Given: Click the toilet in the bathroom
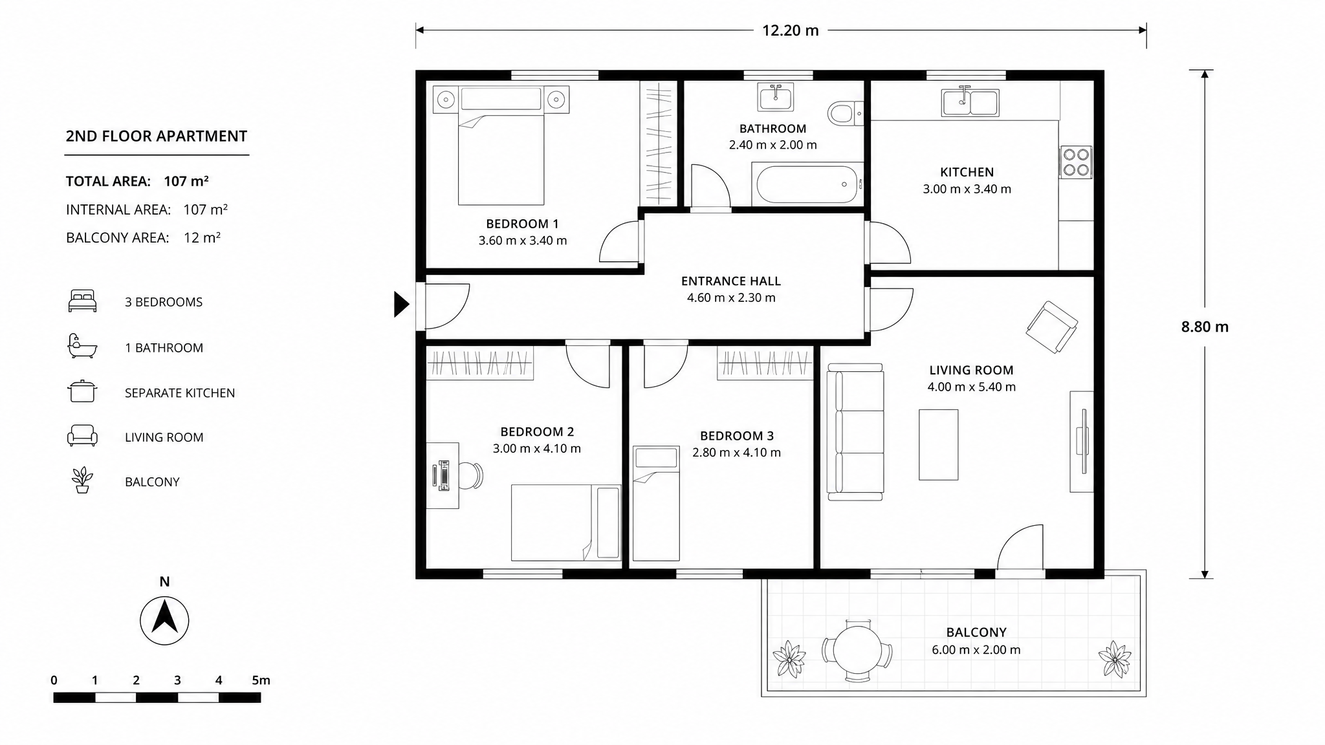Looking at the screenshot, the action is click(x=845, y=114).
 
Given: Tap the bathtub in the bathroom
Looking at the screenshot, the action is click(x=807, y=184).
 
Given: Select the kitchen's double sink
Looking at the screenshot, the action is click(x=970, y=102).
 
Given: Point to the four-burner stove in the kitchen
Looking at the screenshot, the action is click(x=1076, y=162).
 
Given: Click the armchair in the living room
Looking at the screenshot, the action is click(x=1051, y=327).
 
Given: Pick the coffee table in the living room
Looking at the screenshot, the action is click(x=938, y=444).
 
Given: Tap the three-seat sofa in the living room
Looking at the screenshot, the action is click(x=855, y=431).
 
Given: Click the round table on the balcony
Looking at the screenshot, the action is click(x=857, y=651).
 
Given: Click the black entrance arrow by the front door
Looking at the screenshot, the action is click(x=402, y=304).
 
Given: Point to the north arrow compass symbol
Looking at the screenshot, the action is click(x=164, y=620).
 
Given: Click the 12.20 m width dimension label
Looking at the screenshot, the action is click(x=790, y=30).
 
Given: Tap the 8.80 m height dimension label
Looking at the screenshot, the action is click(x=1205, y=327).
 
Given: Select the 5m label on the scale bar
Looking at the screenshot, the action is click(x=261, y=680).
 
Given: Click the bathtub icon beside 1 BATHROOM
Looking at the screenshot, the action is click(x=82, y=346).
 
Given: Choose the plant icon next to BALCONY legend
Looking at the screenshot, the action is click(x=82, y=480).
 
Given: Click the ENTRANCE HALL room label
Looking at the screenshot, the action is click(x=731, y=281).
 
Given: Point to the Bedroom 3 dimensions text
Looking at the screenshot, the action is click(x=736, y=453).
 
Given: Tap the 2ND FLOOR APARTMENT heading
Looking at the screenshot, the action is click(x=157, y=136).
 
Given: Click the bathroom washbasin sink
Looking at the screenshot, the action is click(x=775, y=97).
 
